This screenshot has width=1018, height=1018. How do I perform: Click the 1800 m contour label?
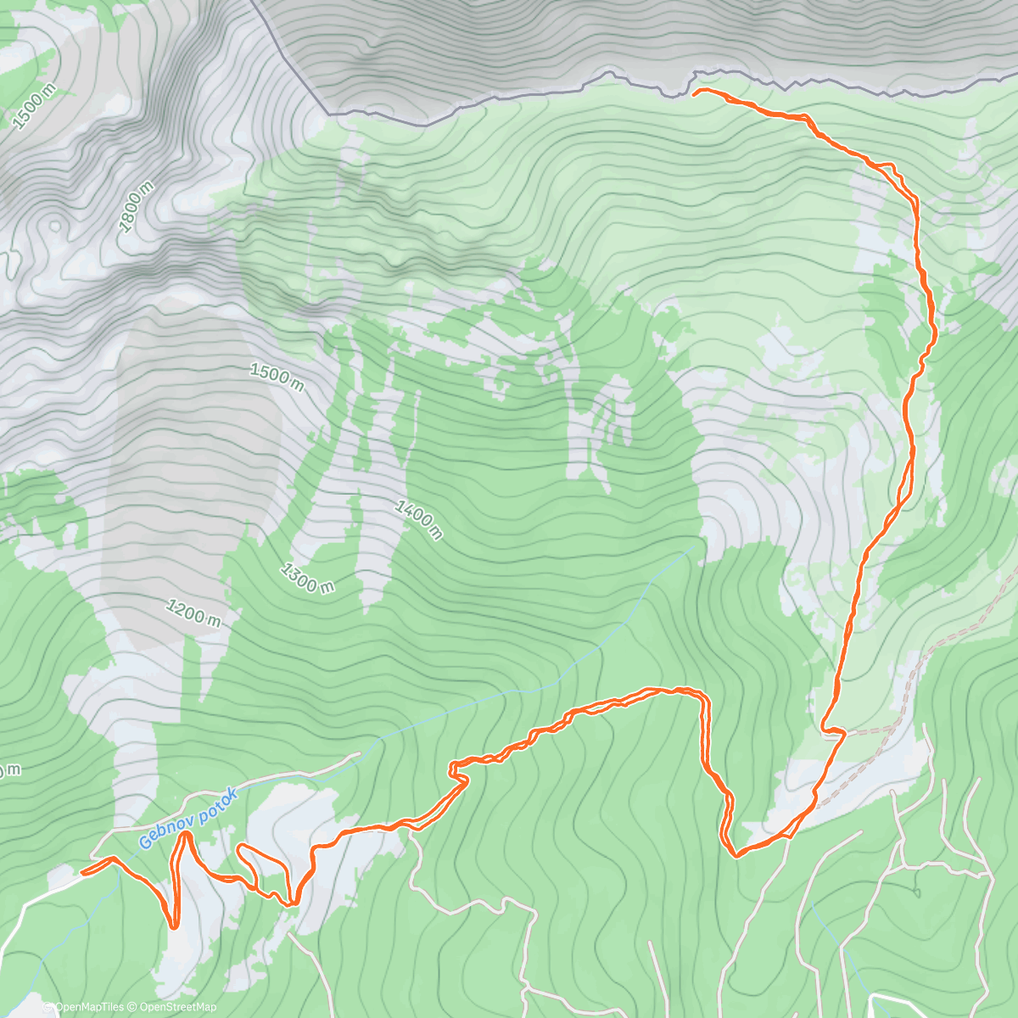[x=136, y=206]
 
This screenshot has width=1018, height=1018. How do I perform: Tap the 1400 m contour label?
[x=418, y=519]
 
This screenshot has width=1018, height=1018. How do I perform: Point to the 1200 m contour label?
[x=194, y=613]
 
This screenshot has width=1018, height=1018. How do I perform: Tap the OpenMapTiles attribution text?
[x=83, y=1007]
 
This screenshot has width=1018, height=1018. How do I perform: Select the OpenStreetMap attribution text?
[x=177, y=1007]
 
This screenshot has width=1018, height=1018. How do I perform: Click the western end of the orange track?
[x=81, y=871]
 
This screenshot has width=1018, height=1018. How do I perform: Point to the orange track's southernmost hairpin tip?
[x=173, y=927]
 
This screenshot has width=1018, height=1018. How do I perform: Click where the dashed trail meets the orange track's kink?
[x=845, y=732]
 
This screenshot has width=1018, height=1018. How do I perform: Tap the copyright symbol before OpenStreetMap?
[x=133, y=1007]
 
